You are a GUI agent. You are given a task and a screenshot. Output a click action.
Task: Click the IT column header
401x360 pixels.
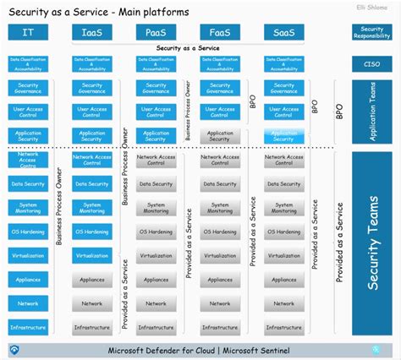click(x=28, y=32)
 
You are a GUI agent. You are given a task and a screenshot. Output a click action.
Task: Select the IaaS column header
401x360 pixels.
click(x=92, y=32)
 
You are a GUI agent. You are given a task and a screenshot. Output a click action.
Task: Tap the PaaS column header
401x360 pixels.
click(x=156, y=32)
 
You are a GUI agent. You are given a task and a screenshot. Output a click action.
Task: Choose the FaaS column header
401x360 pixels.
click(x=220, y=32)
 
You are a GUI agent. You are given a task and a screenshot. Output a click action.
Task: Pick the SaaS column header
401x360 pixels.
click(x=283, y=32)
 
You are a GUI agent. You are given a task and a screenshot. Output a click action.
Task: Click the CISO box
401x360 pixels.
click(x=371, y=63)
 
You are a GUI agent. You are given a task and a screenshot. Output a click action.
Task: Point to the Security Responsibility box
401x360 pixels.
click(x=371, y=32)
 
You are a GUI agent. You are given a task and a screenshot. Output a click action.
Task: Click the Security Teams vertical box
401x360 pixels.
click(x=371, y=244)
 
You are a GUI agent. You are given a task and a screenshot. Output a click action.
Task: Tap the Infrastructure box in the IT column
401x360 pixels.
click(x=28, y=327)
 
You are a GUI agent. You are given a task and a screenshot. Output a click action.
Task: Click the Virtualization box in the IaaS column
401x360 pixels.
click(x=92, y=255)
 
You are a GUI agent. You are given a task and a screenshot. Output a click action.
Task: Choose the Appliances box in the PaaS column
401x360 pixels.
click(x=156, y=280)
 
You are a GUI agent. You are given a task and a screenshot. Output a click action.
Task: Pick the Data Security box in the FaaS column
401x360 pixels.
click(x=220, y=183)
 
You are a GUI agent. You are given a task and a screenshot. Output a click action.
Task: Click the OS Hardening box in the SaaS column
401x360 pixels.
click(x=283, y=232)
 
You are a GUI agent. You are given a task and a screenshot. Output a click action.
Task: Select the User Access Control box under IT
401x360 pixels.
click(x=28, y=112)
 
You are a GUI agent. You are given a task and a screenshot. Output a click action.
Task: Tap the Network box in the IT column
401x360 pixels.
click(x=28, y=303)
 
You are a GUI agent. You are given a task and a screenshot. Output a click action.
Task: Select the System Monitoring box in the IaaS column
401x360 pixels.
click(x=92, y=207)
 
